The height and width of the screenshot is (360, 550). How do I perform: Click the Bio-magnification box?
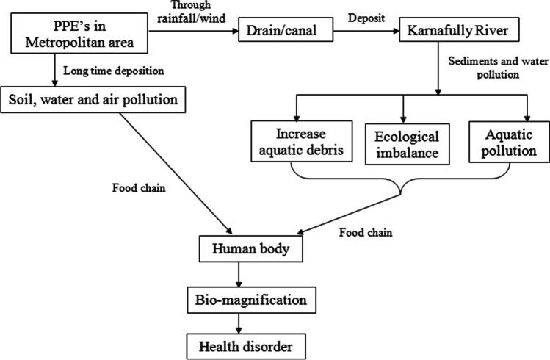coord(241,300)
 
